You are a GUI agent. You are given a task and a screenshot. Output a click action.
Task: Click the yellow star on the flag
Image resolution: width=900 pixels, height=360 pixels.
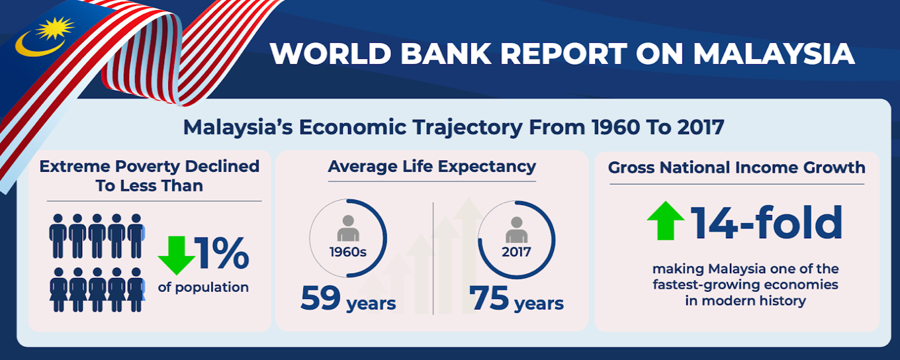55,28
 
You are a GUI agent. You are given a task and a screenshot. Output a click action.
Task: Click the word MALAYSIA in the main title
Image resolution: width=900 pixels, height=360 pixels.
774,54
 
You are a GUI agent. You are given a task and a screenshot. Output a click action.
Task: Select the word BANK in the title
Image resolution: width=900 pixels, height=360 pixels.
445,54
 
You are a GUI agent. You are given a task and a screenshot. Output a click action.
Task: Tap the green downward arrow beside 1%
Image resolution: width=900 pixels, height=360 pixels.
177,255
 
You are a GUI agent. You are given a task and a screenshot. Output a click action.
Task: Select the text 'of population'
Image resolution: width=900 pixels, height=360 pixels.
203,288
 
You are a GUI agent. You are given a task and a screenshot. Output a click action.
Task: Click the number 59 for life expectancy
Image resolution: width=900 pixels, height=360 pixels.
320,298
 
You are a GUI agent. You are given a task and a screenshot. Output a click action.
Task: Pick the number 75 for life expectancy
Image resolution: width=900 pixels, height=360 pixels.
488,298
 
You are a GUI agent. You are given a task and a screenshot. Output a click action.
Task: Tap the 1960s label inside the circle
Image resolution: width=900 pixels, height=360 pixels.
348,252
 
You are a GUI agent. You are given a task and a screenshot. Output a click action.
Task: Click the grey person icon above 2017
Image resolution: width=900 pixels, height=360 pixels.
516,230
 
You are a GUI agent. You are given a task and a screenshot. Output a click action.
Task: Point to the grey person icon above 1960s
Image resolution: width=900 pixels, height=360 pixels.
348,228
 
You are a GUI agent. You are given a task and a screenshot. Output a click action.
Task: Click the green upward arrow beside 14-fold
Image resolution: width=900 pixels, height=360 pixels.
666,220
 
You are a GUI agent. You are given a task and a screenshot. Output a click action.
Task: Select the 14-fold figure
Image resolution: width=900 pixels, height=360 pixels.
766,222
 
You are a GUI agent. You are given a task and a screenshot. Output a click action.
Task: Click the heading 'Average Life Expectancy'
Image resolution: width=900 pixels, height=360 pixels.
432,166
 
